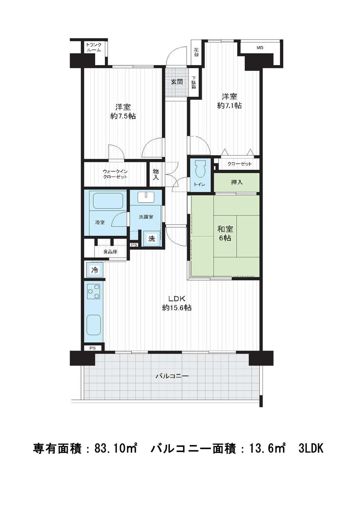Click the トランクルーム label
click(x=94, y=47)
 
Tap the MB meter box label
click(x=259, y=48)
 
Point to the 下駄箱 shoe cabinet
click(x=194, y=82)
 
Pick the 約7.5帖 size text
click(x=123, y=116)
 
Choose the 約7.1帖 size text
click(x=229, y=105)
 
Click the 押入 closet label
click(x=237, y=182)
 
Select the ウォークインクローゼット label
click(x=115, y=174)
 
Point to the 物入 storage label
click(x=156, y=175)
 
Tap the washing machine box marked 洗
click(x=151, y=239)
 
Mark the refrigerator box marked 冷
click(x=94, y=270)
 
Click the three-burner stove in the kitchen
click(x=94, y=292)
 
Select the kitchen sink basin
click(x=94, y=324)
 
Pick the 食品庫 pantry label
click(x=110, y=252)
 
